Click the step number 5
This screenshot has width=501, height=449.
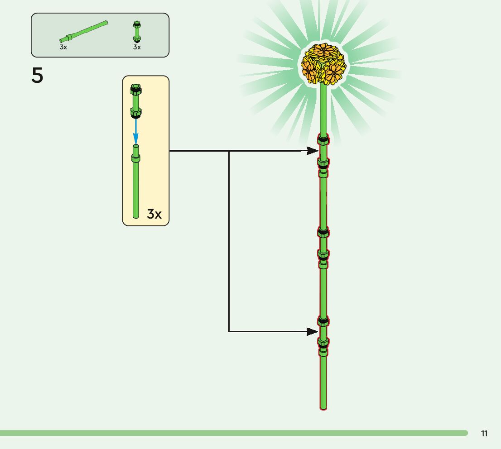click(x=38, y=76)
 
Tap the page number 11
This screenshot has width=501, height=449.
click(x=484, y=434)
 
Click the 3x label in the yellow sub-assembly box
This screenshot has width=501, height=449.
click(x=154, y=214)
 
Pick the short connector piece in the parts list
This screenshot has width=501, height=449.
click(x=136, y=31)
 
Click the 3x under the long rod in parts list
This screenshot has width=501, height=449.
click(x=63, y=47)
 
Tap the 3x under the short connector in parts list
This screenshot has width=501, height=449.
click(x=137, y=47)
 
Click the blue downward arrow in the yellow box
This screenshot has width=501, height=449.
click(x=135, y=131)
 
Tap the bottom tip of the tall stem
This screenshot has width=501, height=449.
click(x=323, y=407)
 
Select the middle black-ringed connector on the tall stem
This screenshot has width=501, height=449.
click(x=323, y=233)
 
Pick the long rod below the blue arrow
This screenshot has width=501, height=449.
click(x=135, y=186)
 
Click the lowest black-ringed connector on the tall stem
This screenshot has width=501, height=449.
click(x=323, y=322)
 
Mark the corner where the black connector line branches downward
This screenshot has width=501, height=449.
click(x=229, y=151)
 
